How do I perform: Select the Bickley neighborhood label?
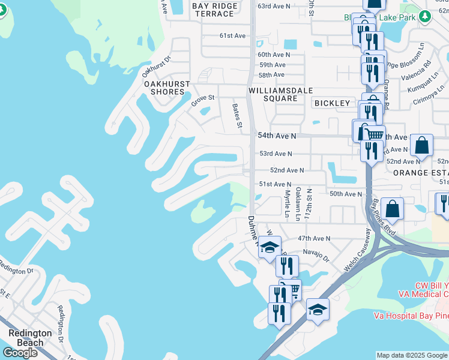click(x=332, y=103)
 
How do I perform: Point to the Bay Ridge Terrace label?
click(x=215, y=10)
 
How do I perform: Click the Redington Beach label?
click(x=25, y=338)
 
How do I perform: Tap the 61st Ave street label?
click(x=233, y=36)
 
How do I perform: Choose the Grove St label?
click(x=203, y=100)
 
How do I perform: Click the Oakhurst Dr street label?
click(x=157, y=67)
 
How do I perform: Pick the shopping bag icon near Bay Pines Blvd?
click(x=392, y=209)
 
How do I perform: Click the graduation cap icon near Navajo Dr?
click(x=270, y=247)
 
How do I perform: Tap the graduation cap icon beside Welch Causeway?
click(x=318, y=309)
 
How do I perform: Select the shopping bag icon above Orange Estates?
click(x=422, y=145)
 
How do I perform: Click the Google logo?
click(x=20, y=353)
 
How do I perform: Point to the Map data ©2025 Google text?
click(x=412, y=355)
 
